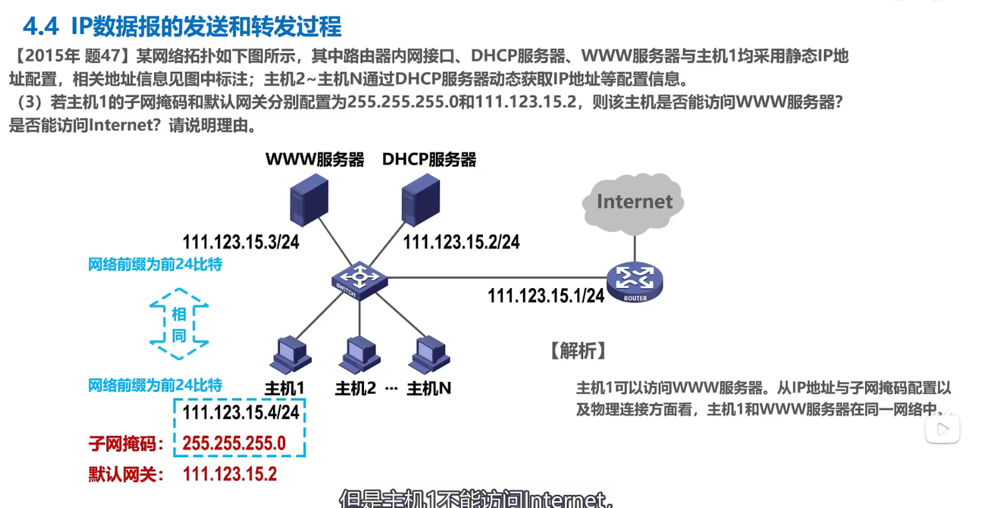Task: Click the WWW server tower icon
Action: (309, 200)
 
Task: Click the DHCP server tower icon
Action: (420, 200)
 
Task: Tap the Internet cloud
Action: (633, 202)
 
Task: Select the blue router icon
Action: (634, 283)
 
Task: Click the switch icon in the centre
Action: (359, 279)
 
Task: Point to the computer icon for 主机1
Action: (290, 355)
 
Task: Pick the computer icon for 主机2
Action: (360, 355)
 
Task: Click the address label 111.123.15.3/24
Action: (241, 242)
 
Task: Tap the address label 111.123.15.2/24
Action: (461, 242)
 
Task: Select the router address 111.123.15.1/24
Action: (546, 296)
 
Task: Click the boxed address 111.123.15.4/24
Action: (241, 413)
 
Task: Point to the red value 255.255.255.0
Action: (234, 443)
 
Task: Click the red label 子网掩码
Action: (125, 444)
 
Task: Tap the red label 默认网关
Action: (125, 474)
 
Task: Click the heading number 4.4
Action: (40, 26)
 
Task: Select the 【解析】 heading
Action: (577, 351)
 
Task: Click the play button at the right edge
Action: (943, 429)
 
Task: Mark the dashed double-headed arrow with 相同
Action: (179, 324)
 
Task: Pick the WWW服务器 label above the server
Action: (314, 160)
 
